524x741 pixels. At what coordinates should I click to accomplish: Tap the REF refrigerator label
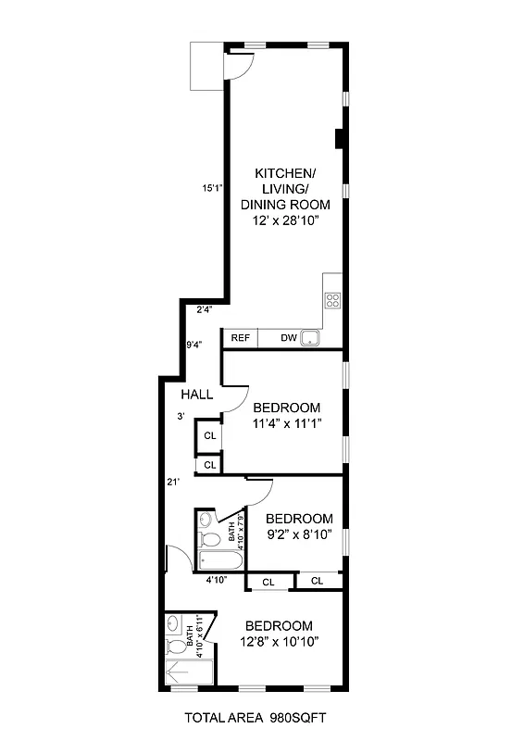240,338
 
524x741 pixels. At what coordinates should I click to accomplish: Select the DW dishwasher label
289,338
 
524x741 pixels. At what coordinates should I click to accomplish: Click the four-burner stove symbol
332,300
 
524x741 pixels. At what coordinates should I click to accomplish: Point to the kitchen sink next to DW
310,338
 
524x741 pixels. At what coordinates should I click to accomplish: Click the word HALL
196,395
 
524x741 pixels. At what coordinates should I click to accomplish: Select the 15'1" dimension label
213,188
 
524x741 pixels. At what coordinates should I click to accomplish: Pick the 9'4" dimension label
194,345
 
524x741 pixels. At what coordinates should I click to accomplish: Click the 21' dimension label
173,482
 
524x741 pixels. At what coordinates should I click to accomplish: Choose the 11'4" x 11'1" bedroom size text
286,424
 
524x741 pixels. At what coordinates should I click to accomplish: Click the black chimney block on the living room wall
340,139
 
